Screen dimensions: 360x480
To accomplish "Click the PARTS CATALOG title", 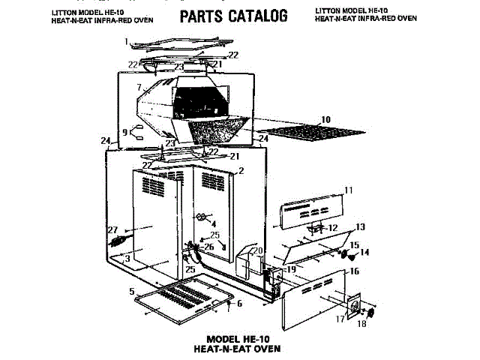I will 233,16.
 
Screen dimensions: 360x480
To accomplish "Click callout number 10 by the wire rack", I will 325,119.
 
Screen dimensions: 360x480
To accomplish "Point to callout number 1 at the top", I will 127,41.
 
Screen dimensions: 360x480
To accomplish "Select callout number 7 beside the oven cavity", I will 139,88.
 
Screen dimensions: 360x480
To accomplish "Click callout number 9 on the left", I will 124,132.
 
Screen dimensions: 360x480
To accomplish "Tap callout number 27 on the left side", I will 112,229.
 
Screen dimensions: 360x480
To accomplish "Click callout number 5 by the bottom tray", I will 131,291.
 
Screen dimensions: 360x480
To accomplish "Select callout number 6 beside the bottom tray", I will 240,304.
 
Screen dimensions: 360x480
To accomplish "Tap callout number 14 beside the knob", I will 365,252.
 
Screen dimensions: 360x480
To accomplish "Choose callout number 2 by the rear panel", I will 241,171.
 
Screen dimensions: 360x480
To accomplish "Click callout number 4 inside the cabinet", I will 213,223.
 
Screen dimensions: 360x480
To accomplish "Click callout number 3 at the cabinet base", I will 127,259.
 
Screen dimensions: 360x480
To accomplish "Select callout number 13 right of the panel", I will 360,226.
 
